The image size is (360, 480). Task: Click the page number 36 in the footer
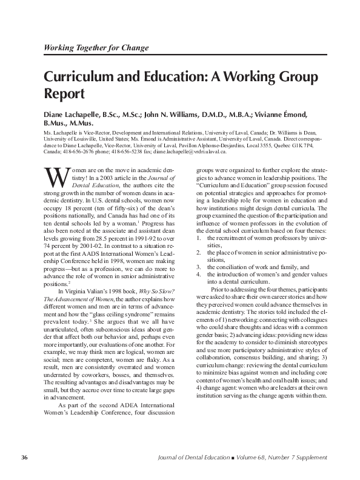pyautogui.click(x=25, y=456)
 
